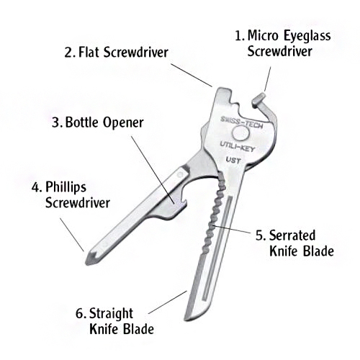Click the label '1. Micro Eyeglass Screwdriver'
[283, 43]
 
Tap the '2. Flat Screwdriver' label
[116, 53]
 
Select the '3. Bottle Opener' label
[98, 122]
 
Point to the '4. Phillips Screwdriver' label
[71, 195]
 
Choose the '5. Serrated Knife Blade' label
[294, 243]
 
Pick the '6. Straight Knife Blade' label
[114, 321]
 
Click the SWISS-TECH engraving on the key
[241, 122]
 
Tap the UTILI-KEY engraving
[238, 147]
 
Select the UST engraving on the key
[233, 160]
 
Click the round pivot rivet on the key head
[241, 133]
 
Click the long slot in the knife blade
[217, 248]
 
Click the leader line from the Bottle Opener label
[153, 170]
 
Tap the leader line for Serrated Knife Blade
[232, 229]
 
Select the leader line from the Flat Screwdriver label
[192, 75]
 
